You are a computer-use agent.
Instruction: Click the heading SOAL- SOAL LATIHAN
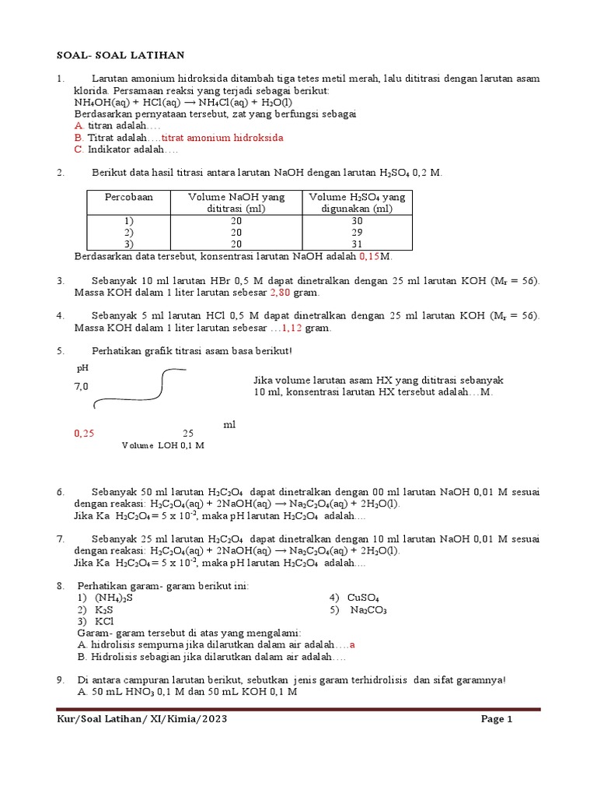[x=121, y=55]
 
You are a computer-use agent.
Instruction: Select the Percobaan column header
[x=129, y=198]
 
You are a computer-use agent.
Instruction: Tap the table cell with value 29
[x=357, y=233]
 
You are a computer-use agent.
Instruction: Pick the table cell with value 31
[x=357, y=244]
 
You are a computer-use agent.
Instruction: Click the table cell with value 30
[x=357, y=221]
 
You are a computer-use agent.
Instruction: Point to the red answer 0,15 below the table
[x=369, y=256]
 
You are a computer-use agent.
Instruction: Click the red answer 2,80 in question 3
[x=279, y=293]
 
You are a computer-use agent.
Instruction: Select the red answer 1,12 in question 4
[x=291, y=328]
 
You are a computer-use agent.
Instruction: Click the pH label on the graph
[x=82, y=367]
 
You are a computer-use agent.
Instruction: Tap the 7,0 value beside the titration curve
[x=82, y=386]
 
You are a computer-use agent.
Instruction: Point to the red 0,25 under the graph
[x=84, y=433]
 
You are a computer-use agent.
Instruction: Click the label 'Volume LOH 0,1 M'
[x=162, y=445]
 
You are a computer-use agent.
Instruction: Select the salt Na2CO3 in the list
[x=368, y=610]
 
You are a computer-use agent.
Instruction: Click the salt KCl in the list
[x=104, y=622]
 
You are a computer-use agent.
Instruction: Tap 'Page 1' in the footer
[x=497, y=720]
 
